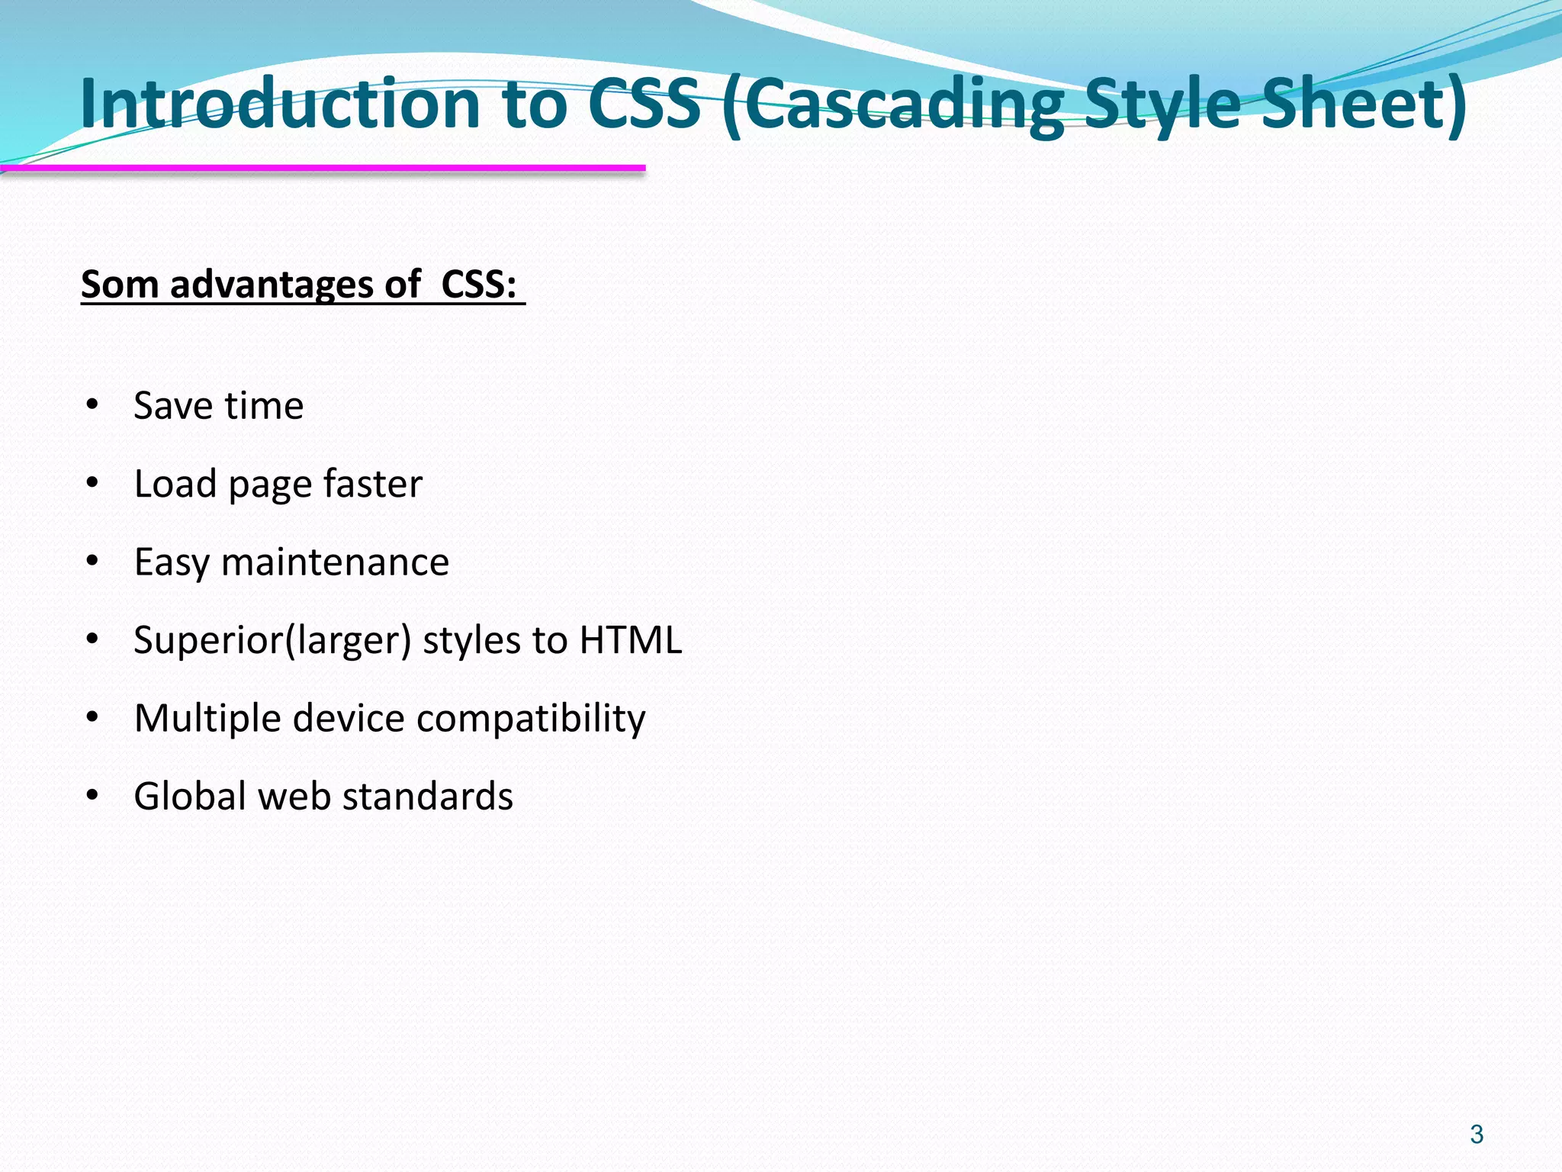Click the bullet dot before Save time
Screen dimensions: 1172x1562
(x=93, y=404)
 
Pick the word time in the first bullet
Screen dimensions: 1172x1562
(x=263, y=405)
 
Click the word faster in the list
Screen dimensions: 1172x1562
(x=372, y=484)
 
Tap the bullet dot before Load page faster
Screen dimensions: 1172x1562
(x=93, y=483)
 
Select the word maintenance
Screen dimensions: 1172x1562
(x=335, y=562)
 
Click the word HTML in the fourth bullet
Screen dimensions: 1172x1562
(x=630, y=640)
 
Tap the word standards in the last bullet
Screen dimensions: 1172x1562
(x=427, y=797)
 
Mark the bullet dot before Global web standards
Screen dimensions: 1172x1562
(x=93, y=796)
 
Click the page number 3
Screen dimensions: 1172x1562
(x=1477, y=1135)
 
